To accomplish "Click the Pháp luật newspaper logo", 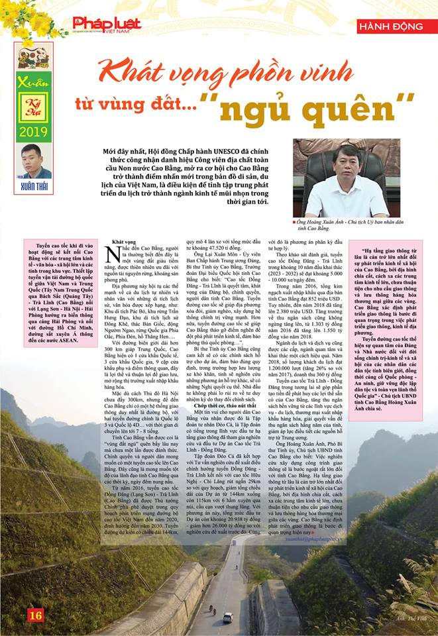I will coord(106,25).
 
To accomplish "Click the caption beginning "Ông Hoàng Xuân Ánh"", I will coord(351,225).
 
